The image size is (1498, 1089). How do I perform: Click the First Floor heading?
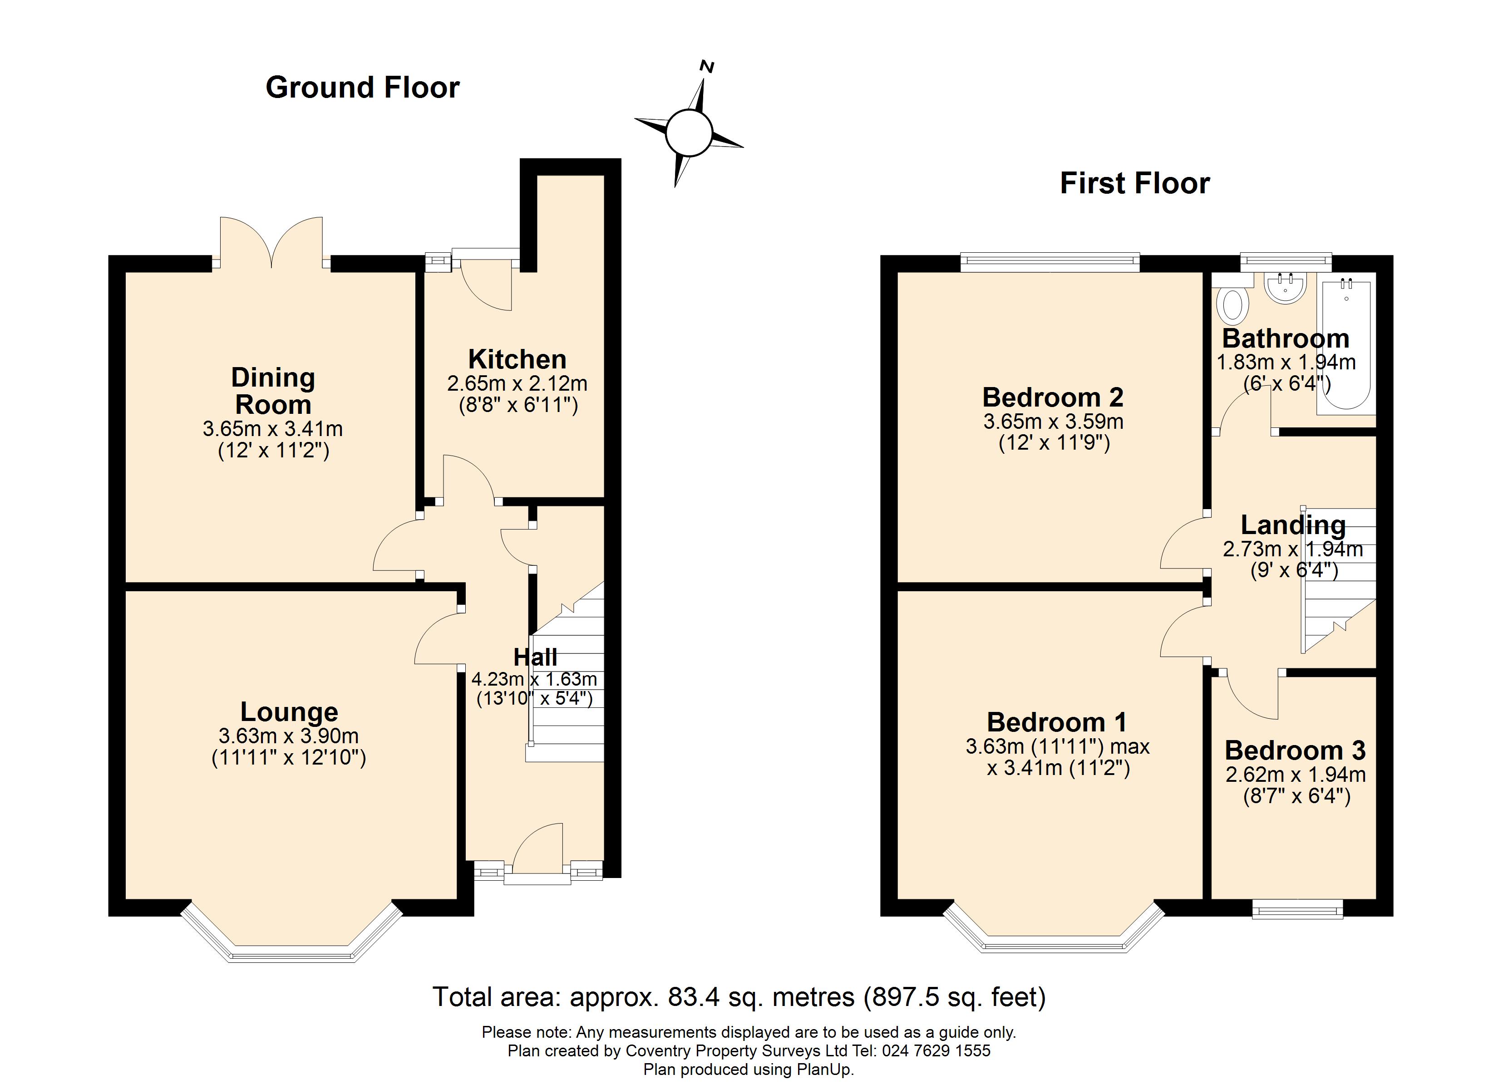tap(1135, 184)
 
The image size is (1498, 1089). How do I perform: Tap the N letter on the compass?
tap(707, 66)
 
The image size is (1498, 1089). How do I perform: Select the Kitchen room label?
tap(517, 360)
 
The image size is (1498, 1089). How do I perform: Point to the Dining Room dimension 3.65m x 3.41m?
tap(273, 429)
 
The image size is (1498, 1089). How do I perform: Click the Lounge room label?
tap(289, 712)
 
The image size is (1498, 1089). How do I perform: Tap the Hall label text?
tap(536, 657)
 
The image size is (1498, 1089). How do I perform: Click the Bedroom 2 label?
tap(1053, 397)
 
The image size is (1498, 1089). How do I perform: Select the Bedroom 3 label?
tap(1295, 751)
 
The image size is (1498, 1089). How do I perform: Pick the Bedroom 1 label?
tap(1057, 722)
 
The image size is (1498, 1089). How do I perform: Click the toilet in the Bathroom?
tap(1232, 304)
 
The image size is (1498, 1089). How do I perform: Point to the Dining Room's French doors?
tap(271, 243)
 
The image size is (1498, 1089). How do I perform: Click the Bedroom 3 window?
tap(1298, 909)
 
